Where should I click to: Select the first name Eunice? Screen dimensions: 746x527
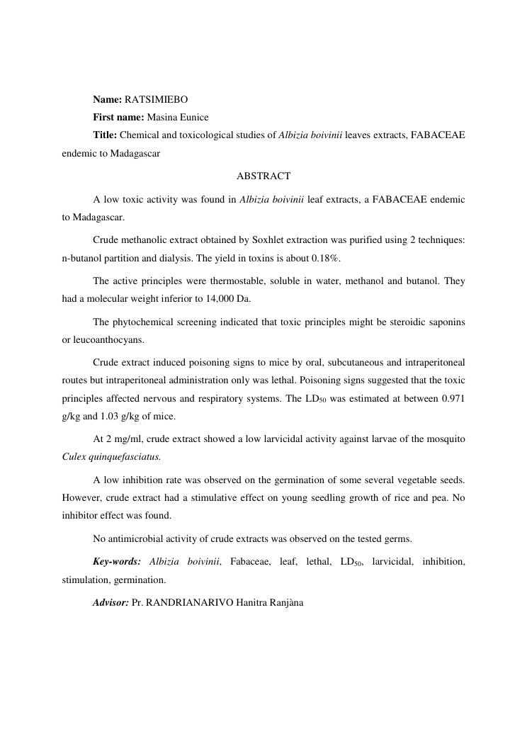(x=193, y=117)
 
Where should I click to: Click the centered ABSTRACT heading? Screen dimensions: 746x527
(x=263, y=176)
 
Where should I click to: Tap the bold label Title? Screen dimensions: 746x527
(x=105, y=135)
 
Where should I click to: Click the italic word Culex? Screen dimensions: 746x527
(x=74, y=457)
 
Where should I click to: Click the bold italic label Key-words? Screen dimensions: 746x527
(x=117, y=562)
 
